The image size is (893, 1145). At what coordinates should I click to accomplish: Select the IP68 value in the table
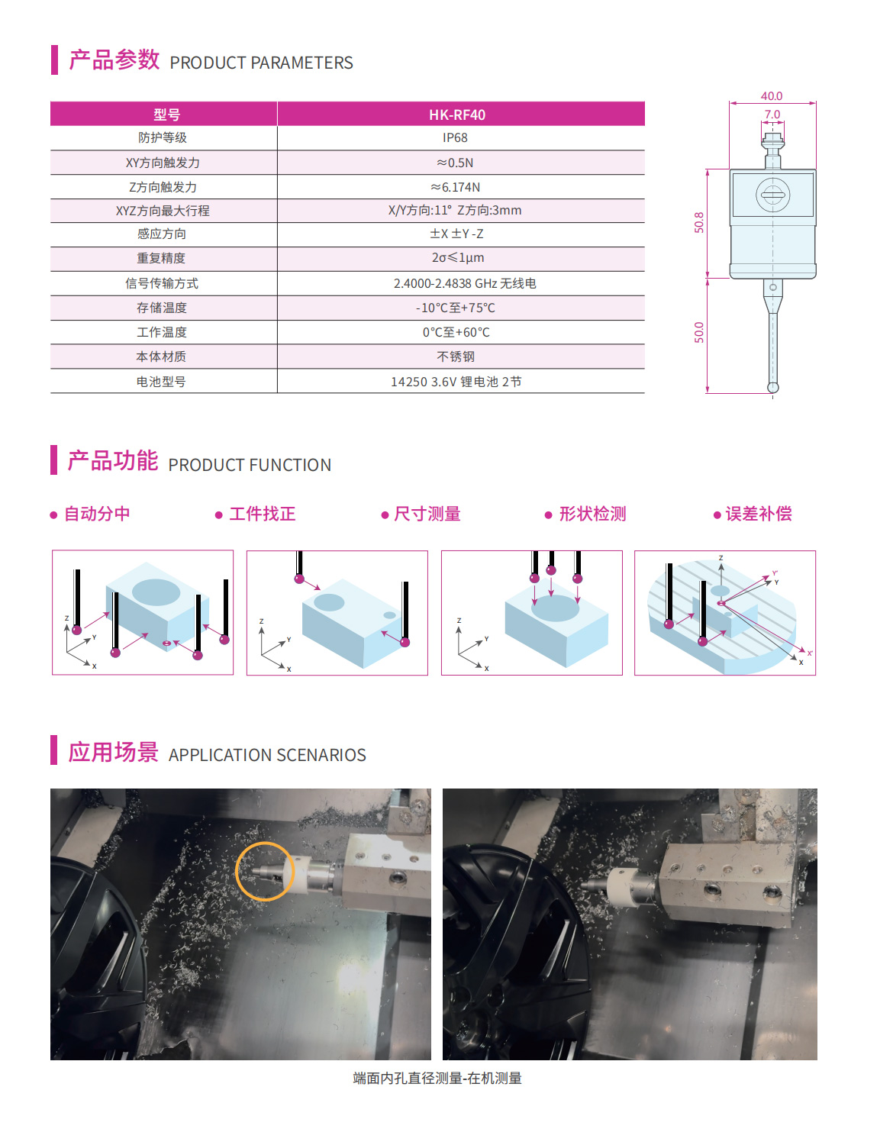455,137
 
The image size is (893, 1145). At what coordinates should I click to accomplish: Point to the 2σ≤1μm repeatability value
457,258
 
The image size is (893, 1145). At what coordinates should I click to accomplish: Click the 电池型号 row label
161,382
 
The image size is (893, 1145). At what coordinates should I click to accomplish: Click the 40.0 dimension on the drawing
772,96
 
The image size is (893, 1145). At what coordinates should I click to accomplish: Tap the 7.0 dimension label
772,114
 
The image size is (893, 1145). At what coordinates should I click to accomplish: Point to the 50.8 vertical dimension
698,222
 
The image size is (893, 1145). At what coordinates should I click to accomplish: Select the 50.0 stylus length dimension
698,333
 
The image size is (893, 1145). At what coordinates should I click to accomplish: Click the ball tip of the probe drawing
772,388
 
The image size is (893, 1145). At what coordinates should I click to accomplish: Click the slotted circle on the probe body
772,195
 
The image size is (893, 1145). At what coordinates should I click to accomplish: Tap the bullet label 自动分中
97,514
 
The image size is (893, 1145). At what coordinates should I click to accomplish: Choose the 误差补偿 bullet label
758,514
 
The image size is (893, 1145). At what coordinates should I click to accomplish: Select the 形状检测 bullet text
592,514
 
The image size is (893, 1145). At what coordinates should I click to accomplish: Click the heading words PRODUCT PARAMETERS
261,63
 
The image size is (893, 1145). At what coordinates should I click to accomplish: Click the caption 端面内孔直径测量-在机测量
437,1078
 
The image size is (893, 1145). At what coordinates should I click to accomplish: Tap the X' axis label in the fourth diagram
809,653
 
